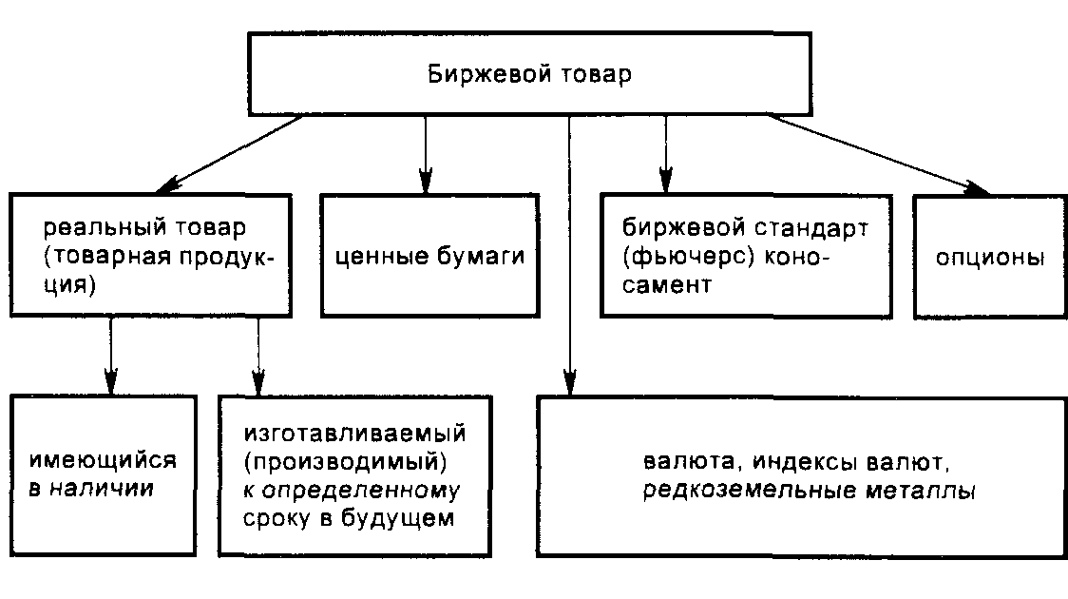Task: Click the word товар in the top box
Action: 596,74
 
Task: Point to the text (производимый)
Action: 344,462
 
